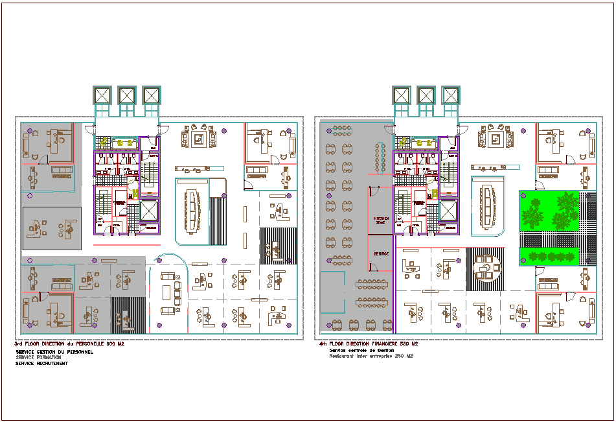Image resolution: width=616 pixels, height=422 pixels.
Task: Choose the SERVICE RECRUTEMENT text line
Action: tap(41, 363)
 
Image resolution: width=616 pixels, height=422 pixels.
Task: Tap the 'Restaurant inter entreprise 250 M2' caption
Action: tap(371, 357)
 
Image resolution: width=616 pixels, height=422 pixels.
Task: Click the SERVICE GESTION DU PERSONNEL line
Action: tap(54, 351)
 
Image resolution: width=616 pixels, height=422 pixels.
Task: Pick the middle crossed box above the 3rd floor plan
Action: tap(127, 95)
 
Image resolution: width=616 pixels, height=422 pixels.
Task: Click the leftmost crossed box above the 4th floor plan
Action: tap(402, 95)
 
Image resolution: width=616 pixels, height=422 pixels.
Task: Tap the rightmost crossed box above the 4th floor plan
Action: tap(450, 95)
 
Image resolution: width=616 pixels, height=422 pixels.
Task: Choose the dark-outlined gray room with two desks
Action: tap(52, 228)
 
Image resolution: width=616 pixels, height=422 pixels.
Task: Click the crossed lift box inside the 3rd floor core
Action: tap(148, 211)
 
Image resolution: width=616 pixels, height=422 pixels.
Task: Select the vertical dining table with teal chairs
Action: tap(380, 158)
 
